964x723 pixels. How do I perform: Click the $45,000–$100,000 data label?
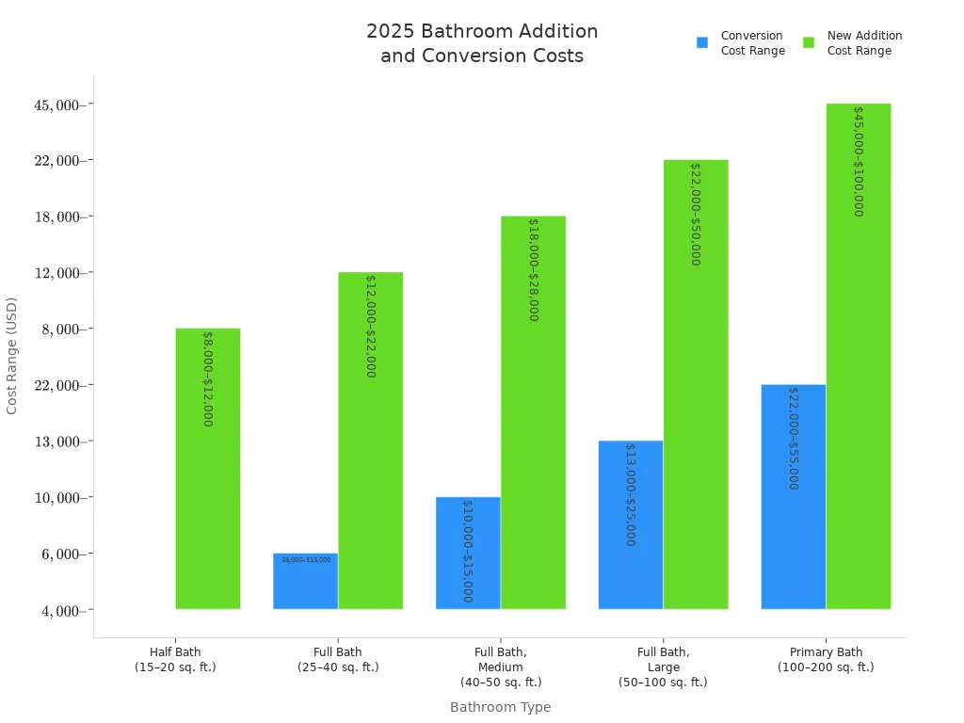[859, 161]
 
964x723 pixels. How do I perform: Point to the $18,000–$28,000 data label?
[533, 269]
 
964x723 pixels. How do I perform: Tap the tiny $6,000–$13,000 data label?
[306, 560]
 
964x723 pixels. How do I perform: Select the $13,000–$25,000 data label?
[630, 494]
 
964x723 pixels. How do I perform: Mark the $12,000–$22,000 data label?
[370, 326]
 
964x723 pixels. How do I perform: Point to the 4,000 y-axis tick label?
[62, 611]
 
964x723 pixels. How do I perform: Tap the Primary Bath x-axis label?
[826, 659]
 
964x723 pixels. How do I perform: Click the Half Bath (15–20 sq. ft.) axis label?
[175, 659]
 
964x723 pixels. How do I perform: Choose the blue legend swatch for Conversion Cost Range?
[702, 42]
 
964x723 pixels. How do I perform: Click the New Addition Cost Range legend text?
[864, 43]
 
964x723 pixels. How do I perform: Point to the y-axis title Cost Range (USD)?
[12, 355]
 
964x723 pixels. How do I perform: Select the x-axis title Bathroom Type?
[500, 707]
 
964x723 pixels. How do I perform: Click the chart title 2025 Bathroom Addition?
[482, 32]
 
